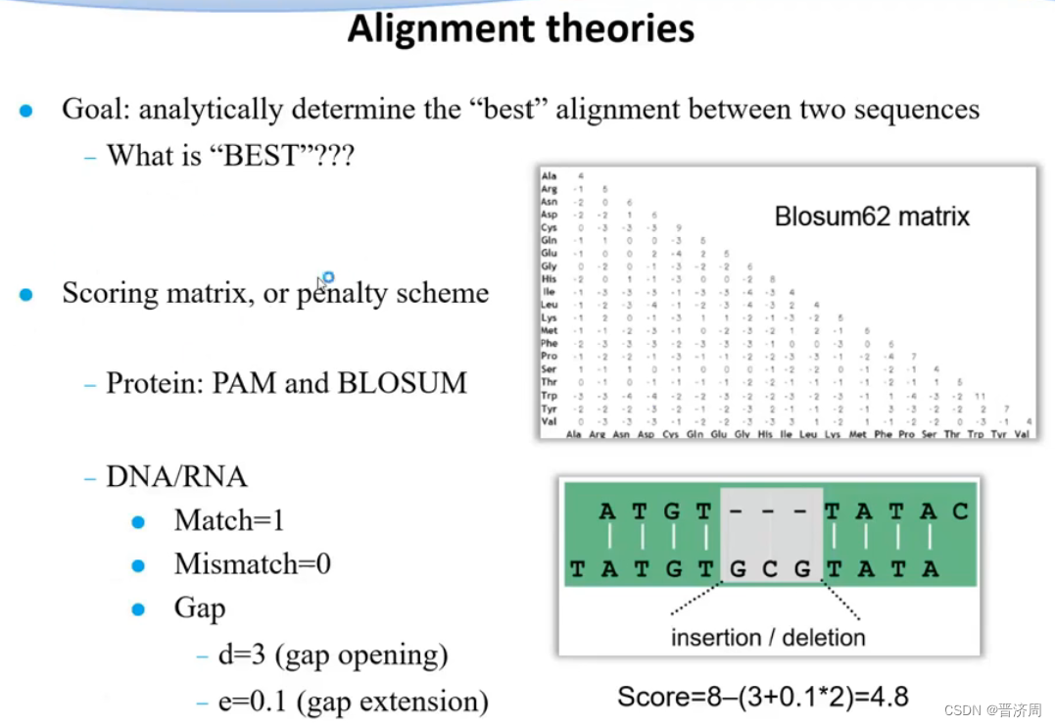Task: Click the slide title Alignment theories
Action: [521, 28]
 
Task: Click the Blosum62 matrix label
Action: [872, 217]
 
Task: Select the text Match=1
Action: [229, 520]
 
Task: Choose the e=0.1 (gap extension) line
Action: [353, 702]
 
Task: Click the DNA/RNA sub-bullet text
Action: [176, 477]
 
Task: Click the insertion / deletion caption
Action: [768, 638]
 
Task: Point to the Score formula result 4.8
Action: [888, 697]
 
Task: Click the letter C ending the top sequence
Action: [959, 510]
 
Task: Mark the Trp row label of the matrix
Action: [550, 395]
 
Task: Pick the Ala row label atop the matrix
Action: [549, 176]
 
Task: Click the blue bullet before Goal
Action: [26, 111]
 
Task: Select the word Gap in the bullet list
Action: [200, 608]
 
